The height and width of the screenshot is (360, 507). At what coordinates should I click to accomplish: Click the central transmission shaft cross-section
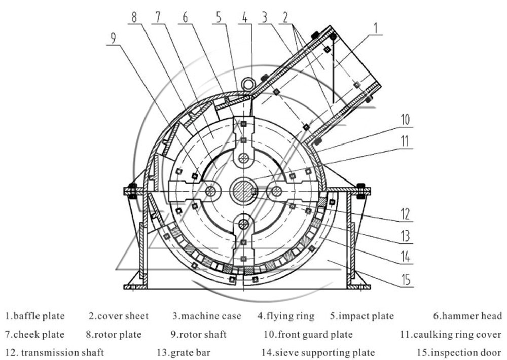(244, 191)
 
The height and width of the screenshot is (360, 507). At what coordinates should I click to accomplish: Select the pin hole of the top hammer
(244, 158)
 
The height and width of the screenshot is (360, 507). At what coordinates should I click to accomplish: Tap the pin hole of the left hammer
(211, 191)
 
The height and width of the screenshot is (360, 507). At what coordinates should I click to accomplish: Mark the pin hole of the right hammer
(276, 191)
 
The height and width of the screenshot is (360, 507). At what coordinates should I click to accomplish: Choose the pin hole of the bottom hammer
(244, 223)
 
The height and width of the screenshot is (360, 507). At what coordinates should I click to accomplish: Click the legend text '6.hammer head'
(467, 316)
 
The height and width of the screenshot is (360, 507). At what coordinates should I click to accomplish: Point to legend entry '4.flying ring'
(285, 316)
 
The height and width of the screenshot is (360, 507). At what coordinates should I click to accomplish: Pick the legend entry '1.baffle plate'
(35, 316)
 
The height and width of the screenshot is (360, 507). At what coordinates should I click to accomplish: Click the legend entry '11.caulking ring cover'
(450, 335)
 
